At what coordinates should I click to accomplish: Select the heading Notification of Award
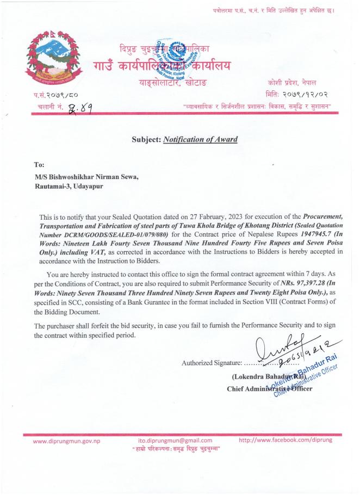(200, 139)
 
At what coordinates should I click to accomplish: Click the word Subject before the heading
(146, 139)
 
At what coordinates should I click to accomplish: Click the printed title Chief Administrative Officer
(269, 389)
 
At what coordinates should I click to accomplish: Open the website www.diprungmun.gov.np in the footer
(67, 441)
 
